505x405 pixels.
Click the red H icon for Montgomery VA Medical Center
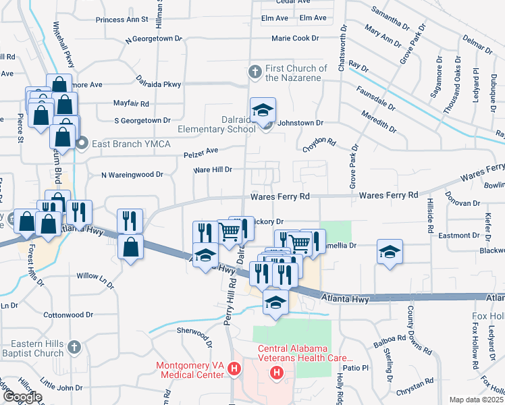(234, 369)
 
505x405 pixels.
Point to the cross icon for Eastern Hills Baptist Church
(74, 347)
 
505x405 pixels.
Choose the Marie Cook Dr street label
(299, 38)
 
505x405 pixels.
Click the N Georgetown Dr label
(155, 41)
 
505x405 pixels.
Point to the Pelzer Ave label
(201, 154)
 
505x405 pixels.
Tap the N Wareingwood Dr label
(132, 174)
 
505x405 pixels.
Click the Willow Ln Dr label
(97, 276)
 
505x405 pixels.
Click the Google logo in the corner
(22, 397)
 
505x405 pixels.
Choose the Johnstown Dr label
(302, 124)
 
